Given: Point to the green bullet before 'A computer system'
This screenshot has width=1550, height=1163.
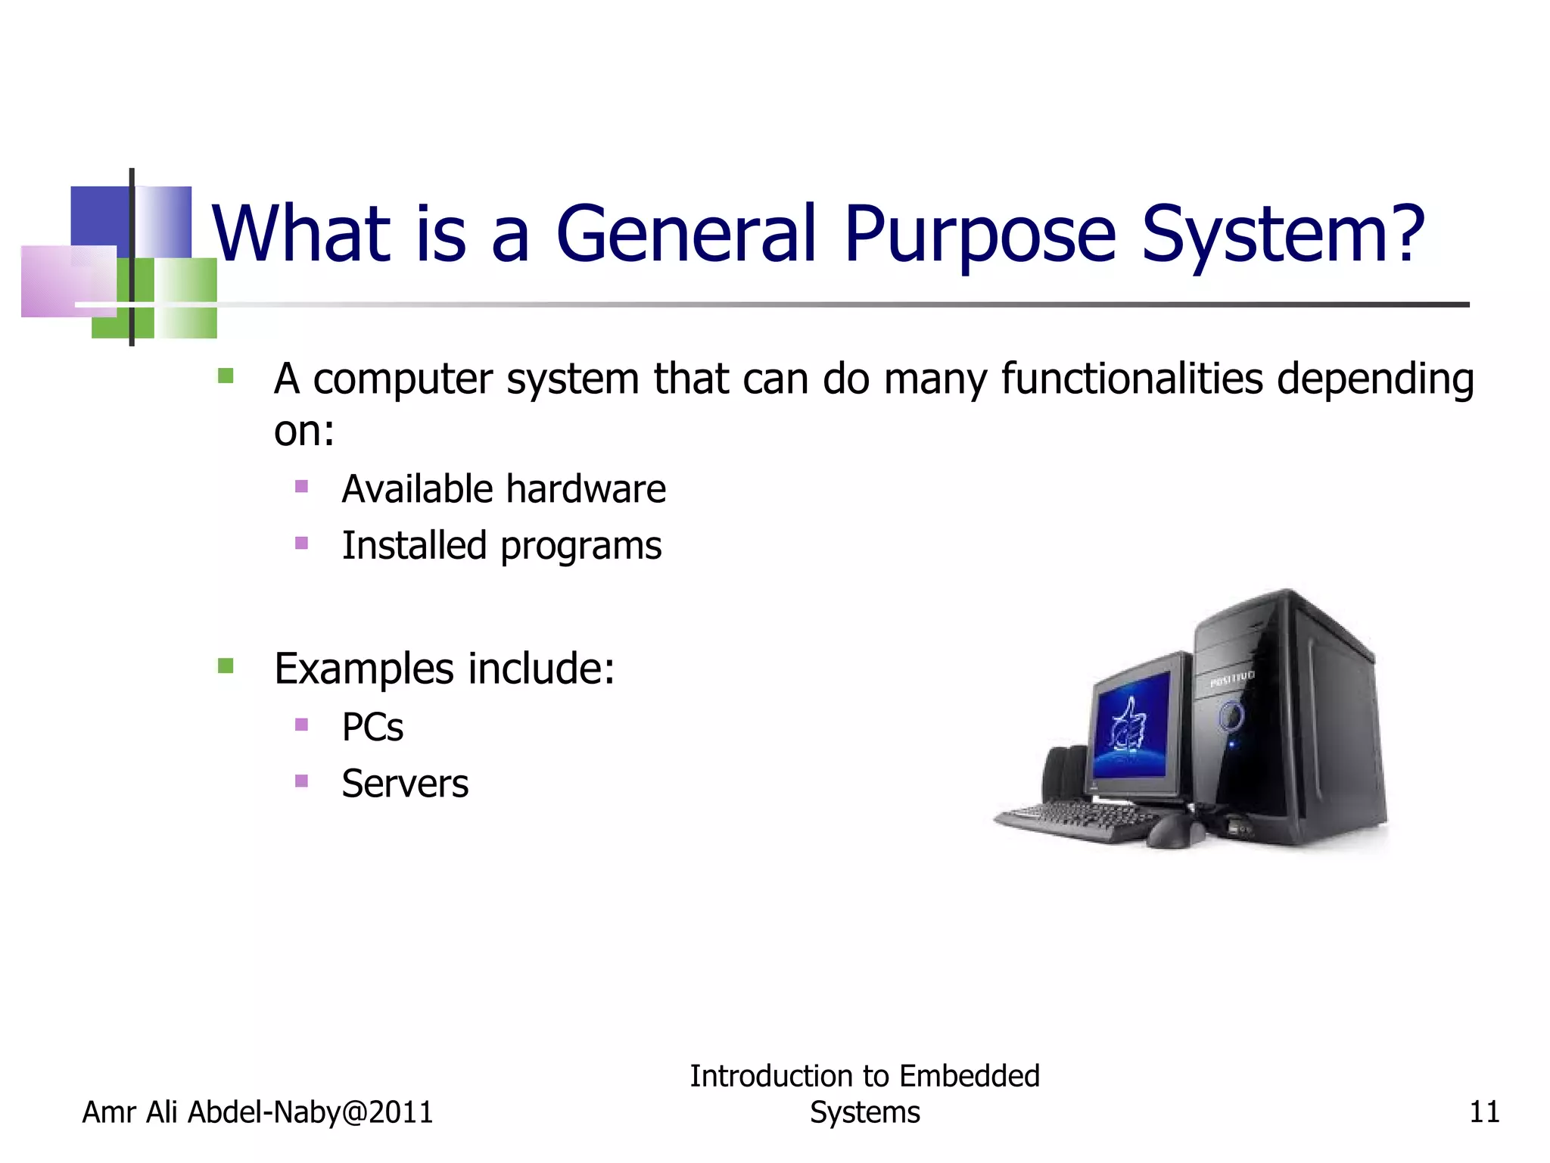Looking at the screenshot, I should point(226,376).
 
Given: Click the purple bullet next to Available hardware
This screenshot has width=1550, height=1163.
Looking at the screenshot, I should point(301,486).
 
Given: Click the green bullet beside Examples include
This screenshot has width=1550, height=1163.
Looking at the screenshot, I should point(226,666).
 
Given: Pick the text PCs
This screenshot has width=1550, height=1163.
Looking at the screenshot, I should point(372,727).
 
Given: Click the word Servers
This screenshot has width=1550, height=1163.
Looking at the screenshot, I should point(405,784).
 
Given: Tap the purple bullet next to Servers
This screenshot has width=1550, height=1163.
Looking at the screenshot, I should point(301,781).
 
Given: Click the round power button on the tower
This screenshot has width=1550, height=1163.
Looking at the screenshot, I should point(1231,715).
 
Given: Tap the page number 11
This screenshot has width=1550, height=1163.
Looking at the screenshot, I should point(1483,1112).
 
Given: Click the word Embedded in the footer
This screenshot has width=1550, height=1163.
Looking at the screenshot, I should point(970,1076).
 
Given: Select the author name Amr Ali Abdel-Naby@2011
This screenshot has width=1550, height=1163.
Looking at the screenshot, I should point(257,1112).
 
